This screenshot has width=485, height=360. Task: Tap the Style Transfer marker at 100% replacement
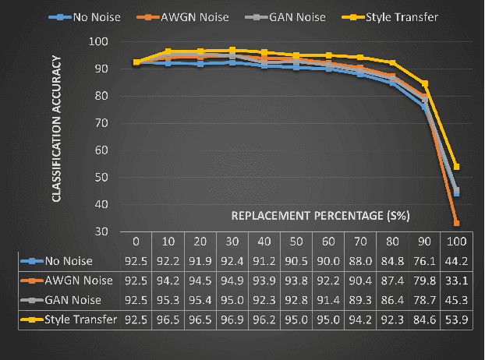(x=456, y=167)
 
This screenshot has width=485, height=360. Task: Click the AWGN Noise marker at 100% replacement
(x=456, y=223)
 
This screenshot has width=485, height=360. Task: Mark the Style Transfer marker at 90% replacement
(x=425, y=83)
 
